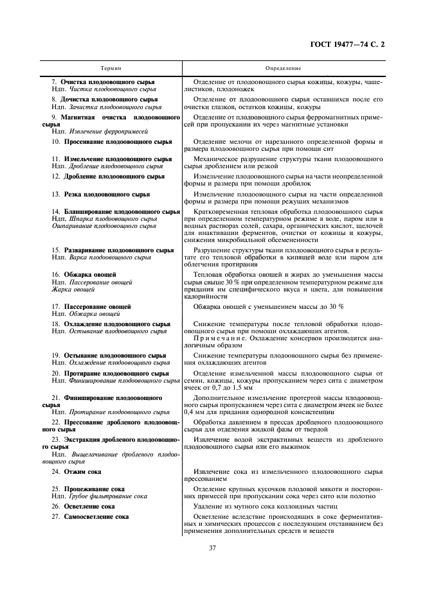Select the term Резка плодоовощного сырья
[x=107, y=193]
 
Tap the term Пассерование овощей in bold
[x=97, y=307]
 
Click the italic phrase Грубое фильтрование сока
[x=108, y=496]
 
